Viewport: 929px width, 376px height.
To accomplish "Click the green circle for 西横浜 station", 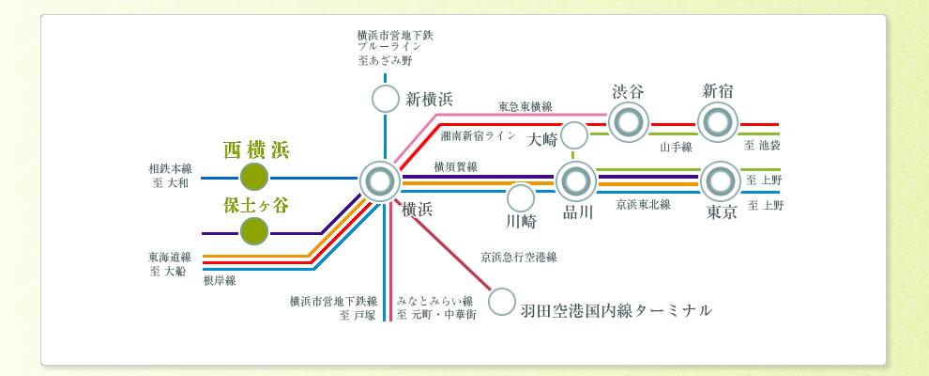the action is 254,177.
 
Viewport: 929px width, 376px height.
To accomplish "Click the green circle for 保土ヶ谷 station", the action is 254,231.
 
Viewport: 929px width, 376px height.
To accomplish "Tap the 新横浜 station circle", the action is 385,99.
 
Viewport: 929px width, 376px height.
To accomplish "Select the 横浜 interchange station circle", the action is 380,180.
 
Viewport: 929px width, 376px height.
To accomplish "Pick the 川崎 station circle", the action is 520,198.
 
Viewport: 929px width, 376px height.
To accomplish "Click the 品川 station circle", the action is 576,180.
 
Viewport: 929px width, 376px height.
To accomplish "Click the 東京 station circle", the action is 721,180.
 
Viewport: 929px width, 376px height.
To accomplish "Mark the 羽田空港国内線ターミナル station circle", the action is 502,302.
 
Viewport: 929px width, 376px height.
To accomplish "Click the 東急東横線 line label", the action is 525,106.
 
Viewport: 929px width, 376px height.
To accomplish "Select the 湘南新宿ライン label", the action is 478,136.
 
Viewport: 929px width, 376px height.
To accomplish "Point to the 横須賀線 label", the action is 455,166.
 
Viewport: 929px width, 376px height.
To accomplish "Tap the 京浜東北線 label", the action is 643,205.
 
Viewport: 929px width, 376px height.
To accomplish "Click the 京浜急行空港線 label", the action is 519,256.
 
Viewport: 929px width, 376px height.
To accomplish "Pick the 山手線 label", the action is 675,147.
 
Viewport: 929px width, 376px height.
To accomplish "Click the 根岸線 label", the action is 219,280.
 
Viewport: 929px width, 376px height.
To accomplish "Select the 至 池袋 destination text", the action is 763,147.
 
